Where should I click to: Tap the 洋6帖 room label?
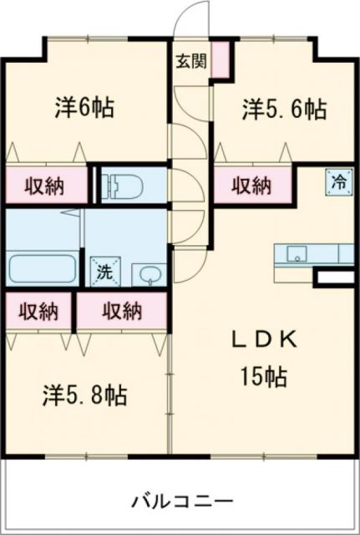click(x=85, y=108)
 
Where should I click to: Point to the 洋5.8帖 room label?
click(x=85, y=395)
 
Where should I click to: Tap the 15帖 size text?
click(x=265, y=377)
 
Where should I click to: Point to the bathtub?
click(x=43, y=269)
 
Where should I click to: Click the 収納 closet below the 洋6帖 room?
click(x=45, y=184)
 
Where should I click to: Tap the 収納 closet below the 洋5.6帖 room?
click(x=252, y=184)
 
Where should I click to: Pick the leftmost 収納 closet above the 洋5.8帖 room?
click(x=38, y=311)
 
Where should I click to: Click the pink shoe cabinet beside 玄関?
click(x=221, y=60)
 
